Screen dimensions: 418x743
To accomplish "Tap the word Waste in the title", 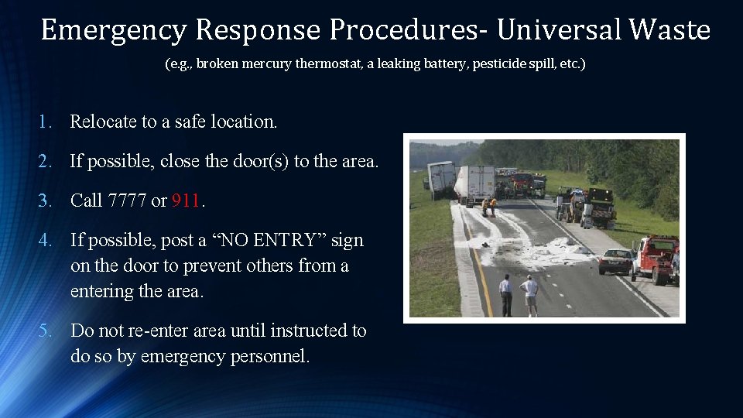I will (x=669, y=30).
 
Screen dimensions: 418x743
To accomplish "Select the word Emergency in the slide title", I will (x=114, y=30).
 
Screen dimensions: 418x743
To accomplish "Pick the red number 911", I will (x=186, y=200).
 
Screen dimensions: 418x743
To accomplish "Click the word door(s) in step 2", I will (x=259, y=161).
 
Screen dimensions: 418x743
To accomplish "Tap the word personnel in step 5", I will (x=269, y=357).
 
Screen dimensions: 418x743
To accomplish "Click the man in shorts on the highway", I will (x=530, y=295).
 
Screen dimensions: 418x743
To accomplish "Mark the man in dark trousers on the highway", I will (x=506, y=295).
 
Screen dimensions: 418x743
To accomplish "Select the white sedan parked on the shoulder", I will (x=615, y=261).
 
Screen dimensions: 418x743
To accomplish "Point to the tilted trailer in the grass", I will (x=441, y=178).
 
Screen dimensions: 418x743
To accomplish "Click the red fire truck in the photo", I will (x=522, y=183).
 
